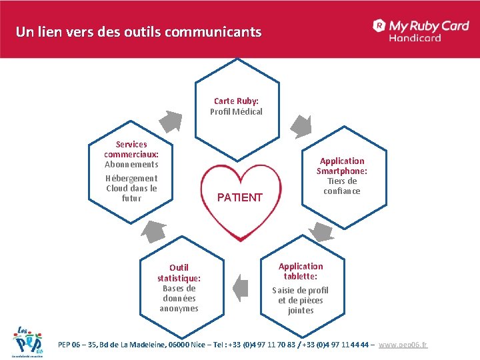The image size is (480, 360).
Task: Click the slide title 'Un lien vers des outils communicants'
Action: pyautogui.click(x=139, y=31)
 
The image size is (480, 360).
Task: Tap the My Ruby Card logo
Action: pyautogui.click(x=421, y=26)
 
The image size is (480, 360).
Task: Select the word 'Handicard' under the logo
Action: pyautogui.click(x=415, y=38)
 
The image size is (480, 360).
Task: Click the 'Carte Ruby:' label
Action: pyautogui.click(x=236, y=101)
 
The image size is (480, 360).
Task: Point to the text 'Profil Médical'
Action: pyautogui.click(x=236, y=111)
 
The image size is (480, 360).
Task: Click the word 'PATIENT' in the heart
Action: pyautogui.click(x=240, y=197)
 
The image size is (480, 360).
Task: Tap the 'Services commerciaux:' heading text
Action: pyautogui.click(x=131, y=149)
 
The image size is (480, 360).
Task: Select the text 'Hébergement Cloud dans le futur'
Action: pyautogui.click(x=131, y=188)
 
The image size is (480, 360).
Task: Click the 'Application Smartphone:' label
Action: pyautogui.click(x=342, y=165)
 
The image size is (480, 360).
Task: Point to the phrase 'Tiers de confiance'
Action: pyautogui.click(x=342, y=186)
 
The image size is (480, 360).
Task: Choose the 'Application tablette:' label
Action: pyautogui.click(x=301, y=271)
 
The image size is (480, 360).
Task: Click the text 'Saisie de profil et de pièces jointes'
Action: pyautogui.click(x=300, y=300)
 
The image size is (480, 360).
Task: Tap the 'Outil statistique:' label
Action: pyautogui.click(x=179, y=273)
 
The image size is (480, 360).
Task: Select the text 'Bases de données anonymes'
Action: pyautogui.click(x=179, y=298)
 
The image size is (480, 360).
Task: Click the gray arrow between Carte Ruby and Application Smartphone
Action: pyautogui.click(x=302, y=125)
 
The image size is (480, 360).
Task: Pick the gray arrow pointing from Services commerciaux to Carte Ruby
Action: pyautogui.click(x=173, y=121)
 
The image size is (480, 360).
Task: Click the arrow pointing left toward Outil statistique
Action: pyautogui.click(x=240, y=287)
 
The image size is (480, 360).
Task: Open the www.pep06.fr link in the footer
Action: pyautogui.click(x=403, y=345)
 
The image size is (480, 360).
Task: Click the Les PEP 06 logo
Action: pyautogui.click(x=27, y=341)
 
